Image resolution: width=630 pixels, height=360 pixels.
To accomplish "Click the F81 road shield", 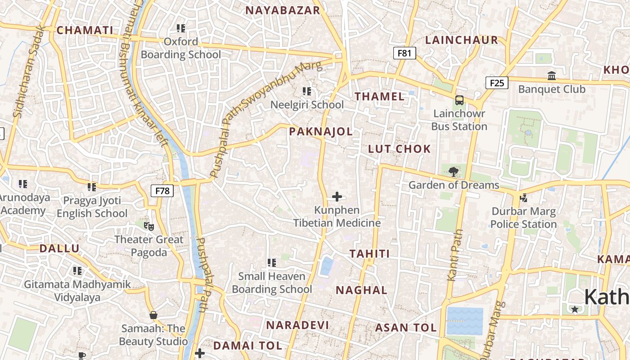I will pos(404,53).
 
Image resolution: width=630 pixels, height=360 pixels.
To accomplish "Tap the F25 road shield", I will pos(497,83).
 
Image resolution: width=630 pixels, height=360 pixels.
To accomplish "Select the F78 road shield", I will pos(162,191).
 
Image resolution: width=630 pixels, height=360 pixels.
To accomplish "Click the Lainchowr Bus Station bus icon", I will pos(459,100).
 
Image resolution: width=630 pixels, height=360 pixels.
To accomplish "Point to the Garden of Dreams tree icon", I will pos(454,171).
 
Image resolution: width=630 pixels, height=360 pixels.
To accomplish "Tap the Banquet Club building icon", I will pos(552,76).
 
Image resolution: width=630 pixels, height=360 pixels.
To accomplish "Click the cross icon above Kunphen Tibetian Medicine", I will pos(337,197).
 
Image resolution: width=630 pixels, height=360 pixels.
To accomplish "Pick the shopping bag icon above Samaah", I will pos(153,315).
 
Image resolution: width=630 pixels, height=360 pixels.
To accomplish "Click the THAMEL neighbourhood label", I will pos(380,96).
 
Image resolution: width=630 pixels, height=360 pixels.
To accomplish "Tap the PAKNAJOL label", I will pos(321,131).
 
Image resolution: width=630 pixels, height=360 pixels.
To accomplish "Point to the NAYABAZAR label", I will pos(283,10).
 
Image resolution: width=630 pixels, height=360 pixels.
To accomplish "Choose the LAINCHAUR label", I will pos(462,40).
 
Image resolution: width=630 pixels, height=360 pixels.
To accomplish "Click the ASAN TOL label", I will pos(406,328).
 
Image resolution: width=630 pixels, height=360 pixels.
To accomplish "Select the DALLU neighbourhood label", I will pos(59,248).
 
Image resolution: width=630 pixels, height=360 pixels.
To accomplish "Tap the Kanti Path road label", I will pos(455,255).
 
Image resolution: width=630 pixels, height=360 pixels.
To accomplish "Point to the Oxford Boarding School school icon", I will pos(181,28).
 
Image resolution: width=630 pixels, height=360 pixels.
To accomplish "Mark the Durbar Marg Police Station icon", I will pos(523,198).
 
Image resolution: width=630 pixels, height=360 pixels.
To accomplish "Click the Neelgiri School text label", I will pos(307,105).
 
